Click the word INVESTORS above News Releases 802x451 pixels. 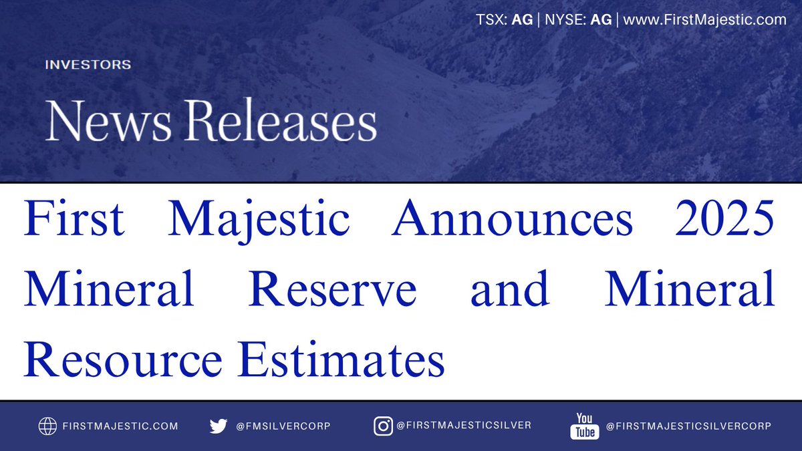coord(88,65)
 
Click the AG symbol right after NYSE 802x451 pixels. coord(601,20)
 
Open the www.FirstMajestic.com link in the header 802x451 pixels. coord(704,20)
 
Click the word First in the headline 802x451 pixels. coord(74,221)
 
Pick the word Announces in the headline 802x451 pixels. coord(512,221)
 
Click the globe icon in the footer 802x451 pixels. coord(47,426)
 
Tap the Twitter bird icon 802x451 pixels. coord(218,426)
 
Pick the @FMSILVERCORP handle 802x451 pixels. coord(283,426)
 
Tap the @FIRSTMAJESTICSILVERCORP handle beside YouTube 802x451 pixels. coord(688,426)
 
